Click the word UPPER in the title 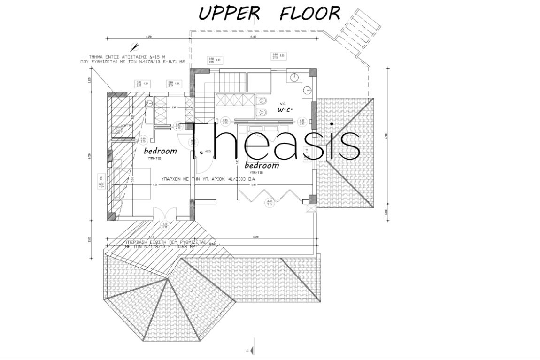229,13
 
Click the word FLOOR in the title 309,13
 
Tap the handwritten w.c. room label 285,109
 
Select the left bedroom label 160,151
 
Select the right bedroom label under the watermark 262,166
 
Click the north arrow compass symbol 136,46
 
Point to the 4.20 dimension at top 149,37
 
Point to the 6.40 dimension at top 253,37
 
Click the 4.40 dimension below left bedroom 151,237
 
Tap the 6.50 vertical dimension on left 90,156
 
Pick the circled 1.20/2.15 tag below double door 165,225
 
